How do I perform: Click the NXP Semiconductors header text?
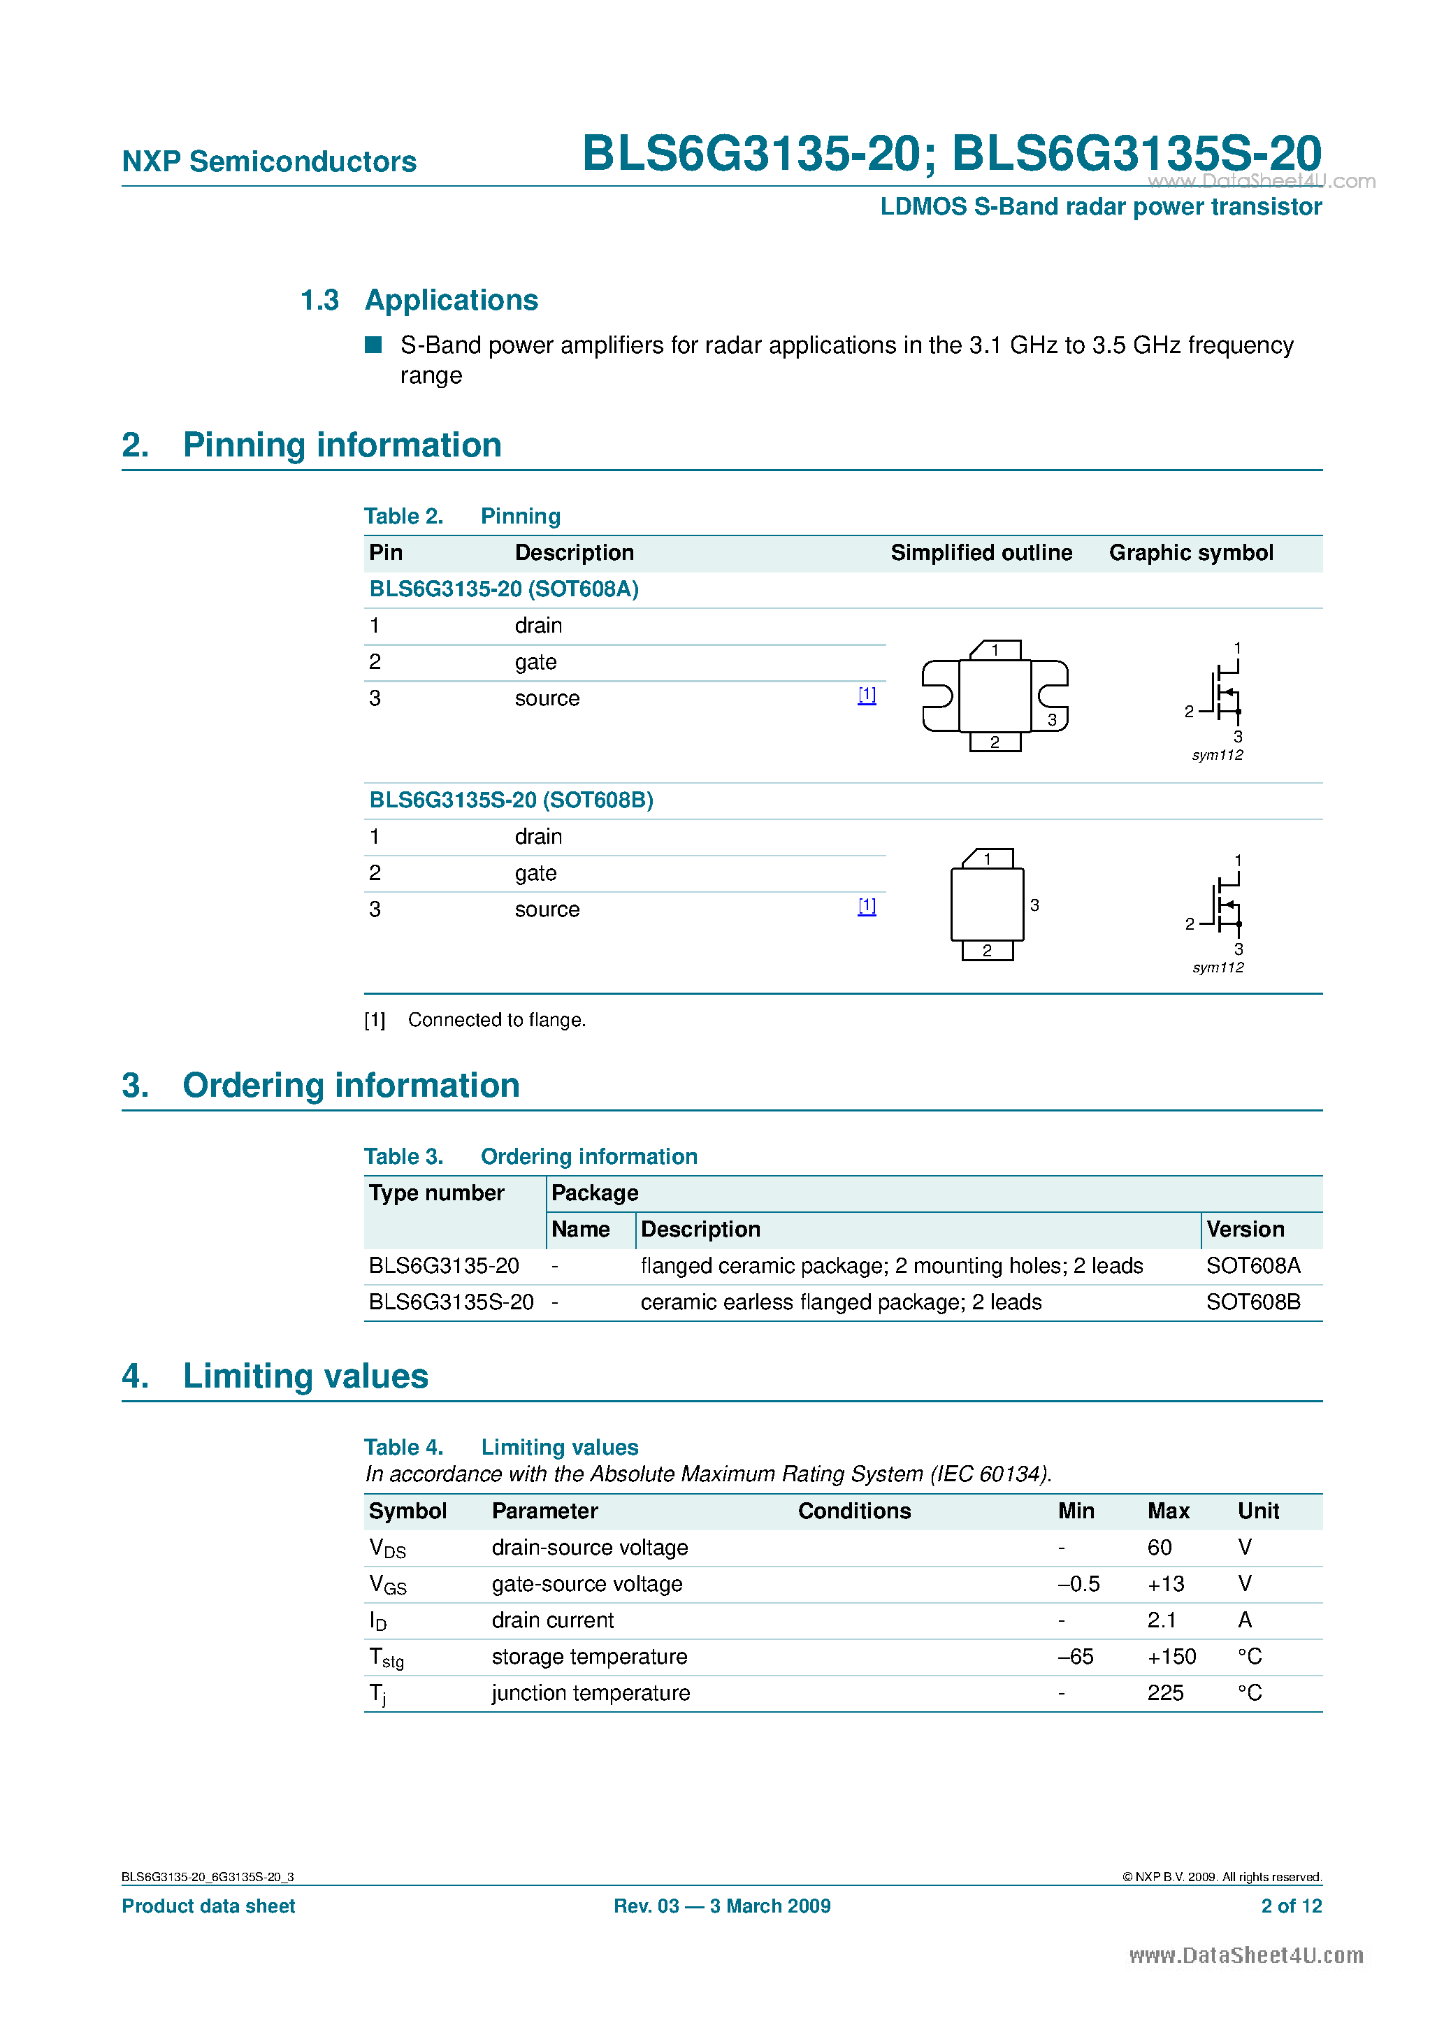(x=269, y=162)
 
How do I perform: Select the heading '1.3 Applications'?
(x=419, y=300)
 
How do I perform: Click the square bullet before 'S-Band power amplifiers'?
(x=373, y=345)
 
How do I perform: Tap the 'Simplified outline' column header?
(x=981, y=553)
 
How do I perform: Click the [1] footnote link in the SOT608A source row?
(x=866, y=696)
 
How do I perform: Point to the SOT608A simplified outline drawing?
(x=995, y=696)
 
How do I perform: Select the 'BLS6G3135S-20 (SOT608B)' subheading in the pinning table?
(x=511, y=800)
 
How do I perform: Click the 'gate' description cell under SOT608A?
(x=535, y=662)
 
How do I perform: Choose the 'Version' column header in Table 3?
(x=1245, y=1230)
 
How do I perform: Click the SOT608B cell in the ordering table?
(x=1252, y=1302)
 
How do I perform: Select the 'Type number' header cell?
(x=436, y=1193)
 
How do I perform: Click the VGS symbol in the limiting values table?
(x=387, y=1585)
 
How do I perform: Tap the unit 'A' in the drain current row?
(x=1245, y=1620)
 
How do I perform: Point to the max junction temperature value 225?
(x=1165, y=1693)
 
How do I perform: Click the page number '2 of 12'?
(x=1291, y=1906)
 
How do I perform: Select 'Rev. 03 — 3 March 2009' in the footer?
(x=722, y=1906)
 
